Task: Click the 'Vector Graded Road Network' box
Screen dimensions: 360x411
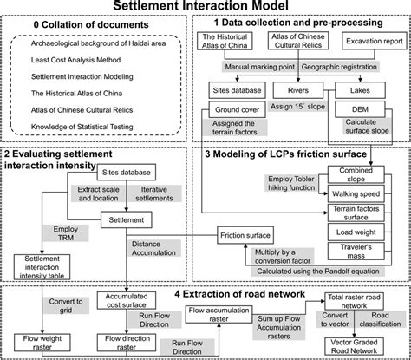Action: pyautogui.click(x=360, y=344)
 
